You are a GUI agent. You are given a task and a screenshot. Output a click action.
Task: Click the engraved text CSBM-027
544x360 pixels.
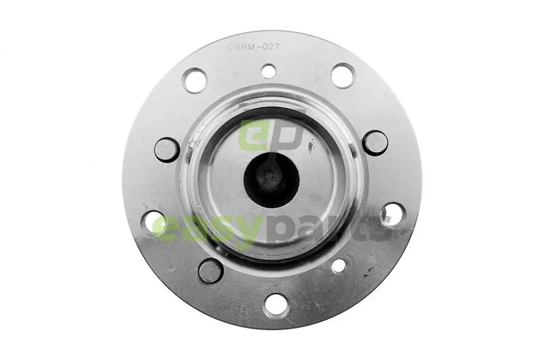pyautogui.click(x=253, y=48)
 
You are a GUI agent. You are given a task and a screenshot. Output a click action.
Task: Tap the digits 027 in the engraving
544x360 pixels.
pyautogui.click(x=270, y=48)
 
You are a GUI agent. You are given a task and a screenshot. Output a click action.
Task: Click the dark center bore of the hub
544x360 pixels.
pyautogui.click(x=271, y=180)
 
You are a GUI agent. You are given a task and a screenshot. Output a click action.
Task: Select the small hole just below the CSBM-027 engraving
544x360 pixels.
pyautogui.click(x=269, y=71)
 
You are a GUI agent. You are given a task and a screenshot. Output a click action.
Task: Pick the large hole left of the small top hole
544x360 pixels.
pyautogui.click(x=195, y=81)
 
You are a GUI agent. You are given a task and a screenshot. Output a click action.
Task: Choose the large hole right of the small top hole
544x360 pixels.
pyautogui.click(x=343, y=76)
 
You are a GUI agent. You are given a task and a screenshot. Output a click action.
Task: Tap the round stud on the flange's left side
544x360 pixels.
pyautogui.click(x=167, y=149)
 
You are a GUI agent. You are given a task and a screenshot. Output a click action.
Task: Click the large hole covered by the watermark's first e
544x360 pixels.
pyautogui.click(x=154, y=222)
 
